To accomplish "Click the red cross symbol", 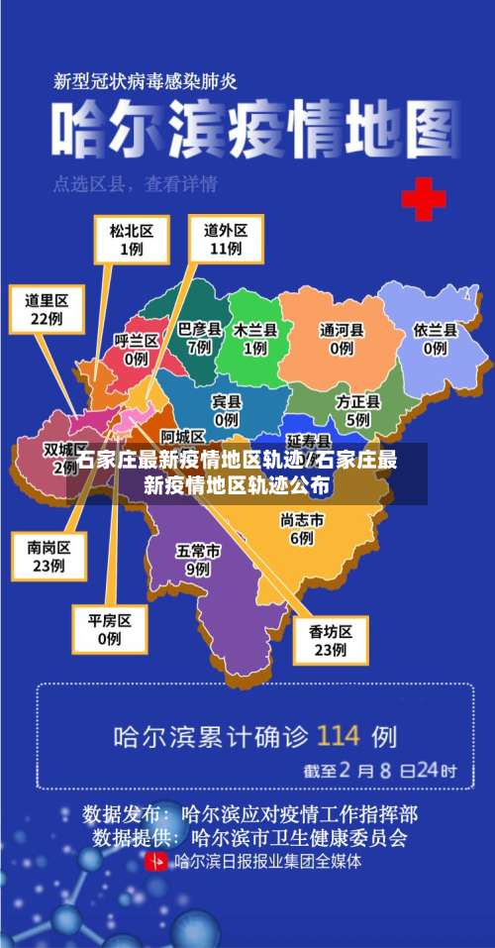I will click(x=423, y=199).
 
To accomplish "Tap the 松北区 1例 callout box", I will click(x=132, y=239).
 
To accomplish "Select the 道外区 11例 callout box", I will click(x=226, y=239).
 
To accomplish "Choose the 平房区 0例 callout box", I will click(x=110, y=629).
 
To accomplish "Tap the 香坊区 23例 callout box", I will click(x=332, y=639).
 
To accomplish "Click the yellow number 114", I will click(x=339, y=736).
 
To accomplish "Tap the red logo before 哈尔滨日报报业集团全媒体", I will click(x=156, y=861).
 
